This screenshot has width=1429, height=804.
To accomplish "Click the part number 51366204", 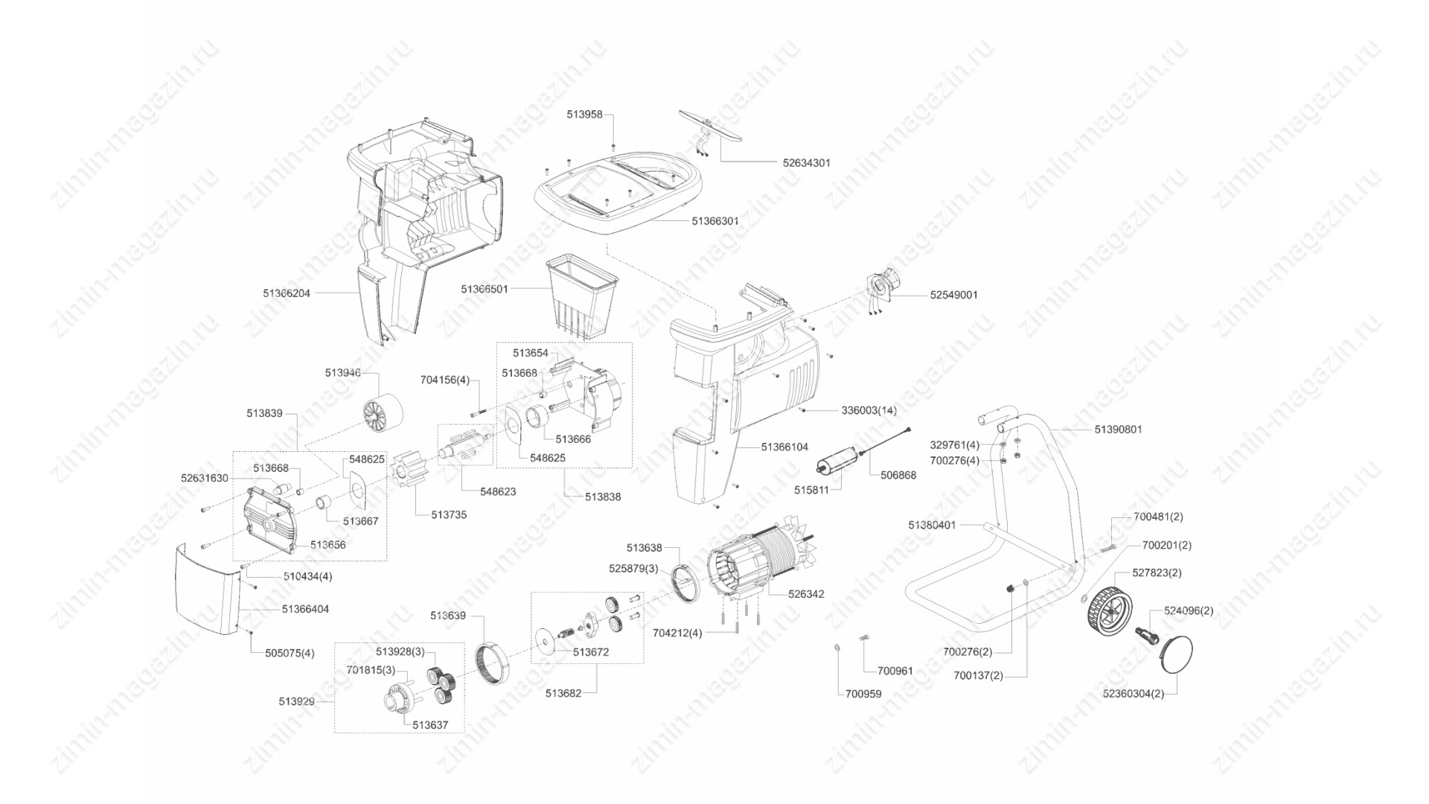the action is click(287, 293).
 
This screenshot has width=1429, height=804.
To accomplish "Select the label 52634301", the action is click(807, 162).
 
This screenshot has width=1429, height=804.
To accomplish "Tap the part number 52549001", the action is click(954, 295).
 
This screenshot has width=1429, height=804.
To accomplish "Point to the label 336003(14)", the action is click(869, 410).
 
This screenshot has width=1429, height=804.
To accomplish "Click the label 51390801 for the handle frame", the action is click(1119, 430).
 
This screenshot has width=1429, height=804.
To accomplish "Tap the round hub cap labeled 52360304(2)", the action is click(1177, 654).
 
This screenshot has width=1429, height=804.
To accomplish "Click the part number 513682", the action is click(563, 693).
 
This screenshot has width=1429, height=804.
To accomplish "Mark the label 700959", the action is click(863, 694).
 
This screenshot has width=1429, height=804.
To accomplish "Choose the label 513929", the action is click(296, 701).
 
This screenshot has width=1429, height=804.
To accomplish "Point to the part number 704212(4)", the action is click(677, 633).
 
